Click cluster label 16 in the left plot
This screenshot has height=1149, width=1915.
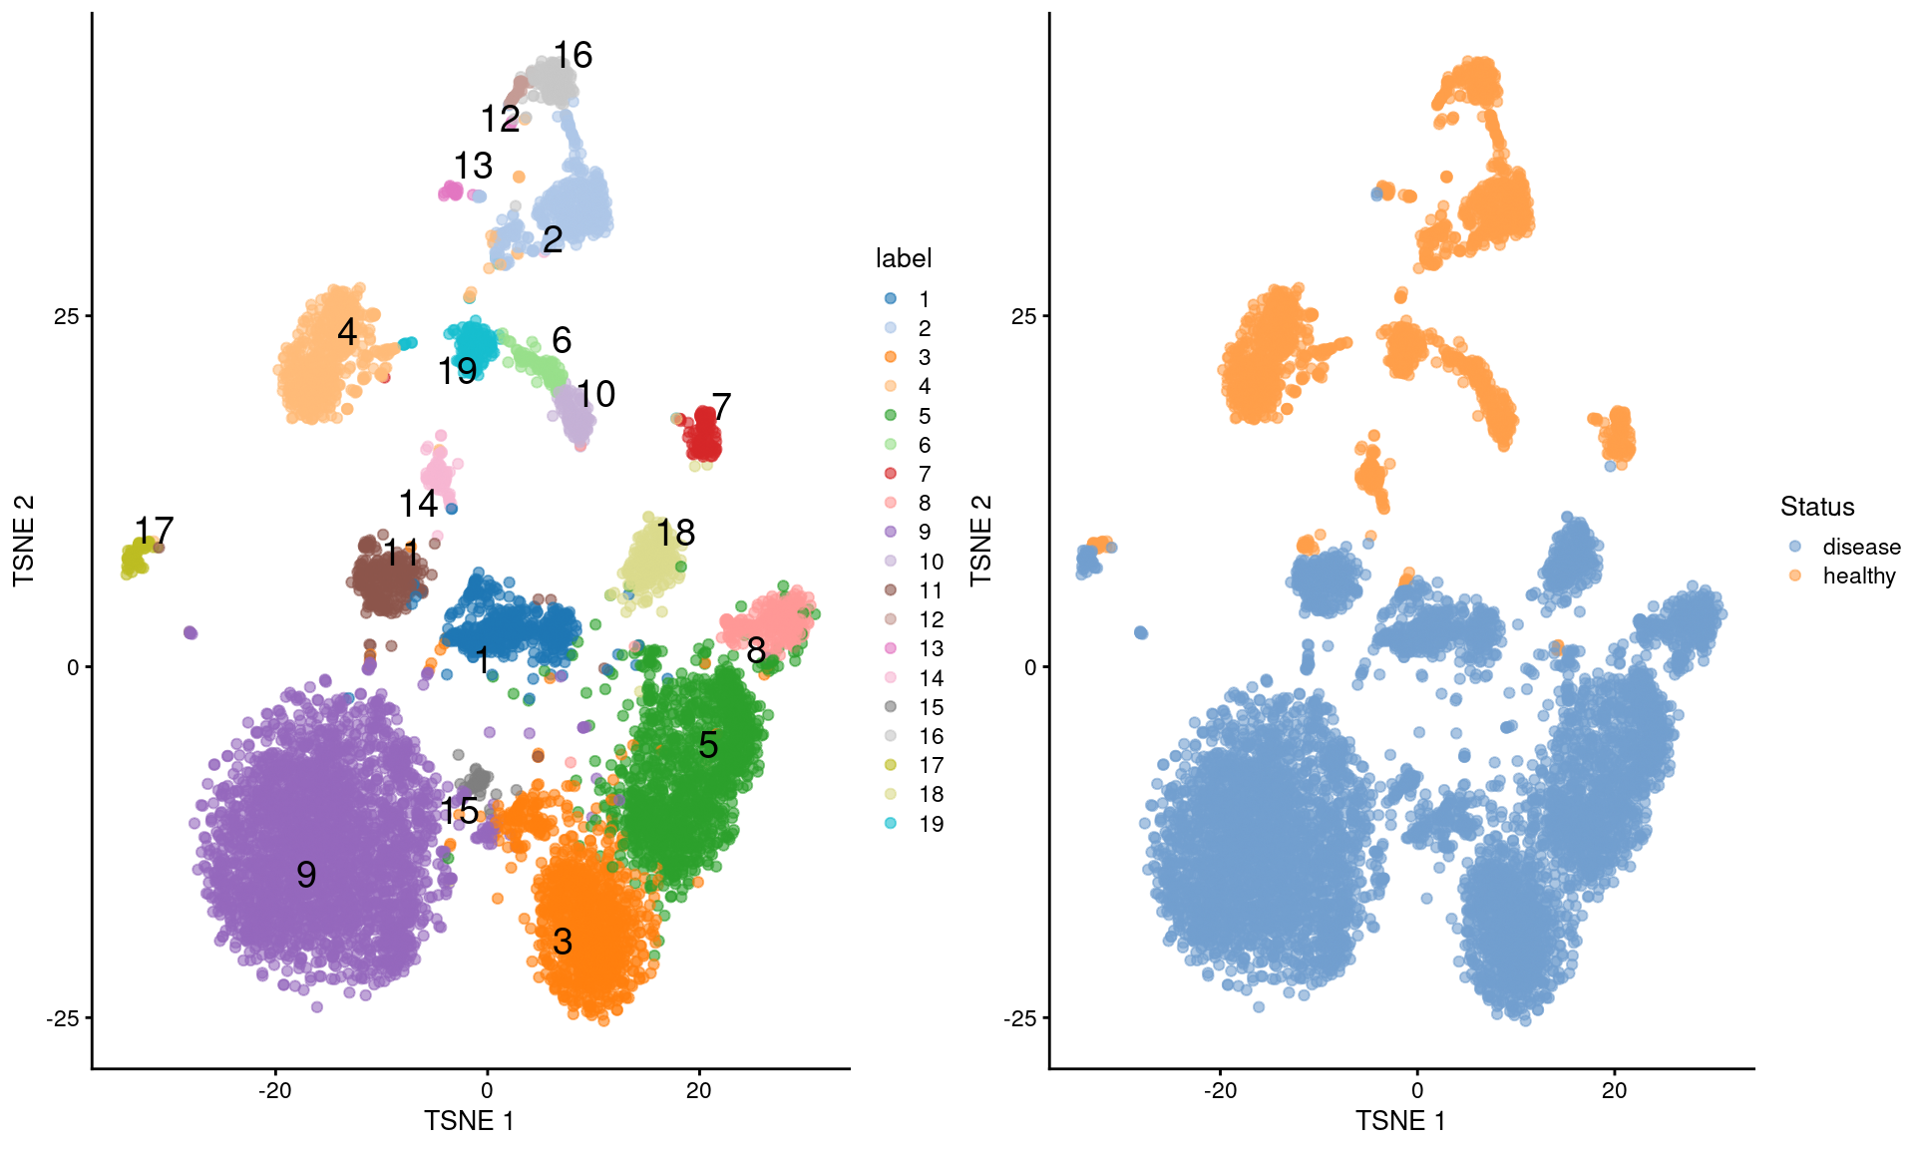pos(573,55)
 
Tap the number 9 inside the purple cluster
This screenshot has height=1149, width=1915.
pos(306,875)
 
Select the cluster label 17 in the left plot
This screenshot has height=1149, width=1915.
pos(154,530)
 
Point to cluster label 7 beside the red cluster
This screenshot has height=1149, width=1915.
pos(721,407)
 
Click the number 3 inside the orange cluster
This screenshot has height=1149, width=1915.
pos(563,942)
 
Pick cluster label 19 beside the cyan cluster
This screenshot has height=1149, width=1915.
pos(457,372)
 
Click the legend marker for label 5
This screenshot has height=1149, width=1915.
pos(891,416)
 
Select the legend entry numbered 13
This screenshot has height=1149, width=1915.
pos(931,649)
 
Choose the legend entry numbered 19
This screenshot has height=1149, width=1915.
pos(931,824)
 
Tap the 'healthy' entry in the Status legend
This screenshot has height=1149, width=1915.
pos(1858,575)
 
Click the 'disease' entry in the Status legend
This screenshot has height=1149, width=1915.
pos(1860,547)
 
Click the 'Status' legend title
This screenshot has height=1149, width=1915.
pos(1816,507)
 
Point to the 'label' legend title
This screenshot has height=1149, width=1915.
pos(903,258)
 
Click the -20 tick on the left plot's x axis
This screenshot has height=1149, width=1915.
pos(275,1090)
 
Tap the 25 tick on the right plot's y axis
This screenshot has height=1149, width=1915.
pos(1023,316)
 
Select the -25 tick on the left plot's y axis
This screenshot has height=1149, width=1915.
pos(62,1018)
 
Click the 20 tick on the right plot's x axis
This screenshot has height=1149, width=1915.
pos(1614,1090)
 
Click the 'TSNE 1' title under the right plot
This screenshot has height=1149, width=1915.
pos(1399,1121)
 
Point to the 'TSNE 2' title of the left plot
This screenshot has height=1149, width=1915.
pos(24,540)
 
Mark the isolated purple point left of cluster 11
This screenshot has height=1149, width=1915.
pos(191,632)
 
